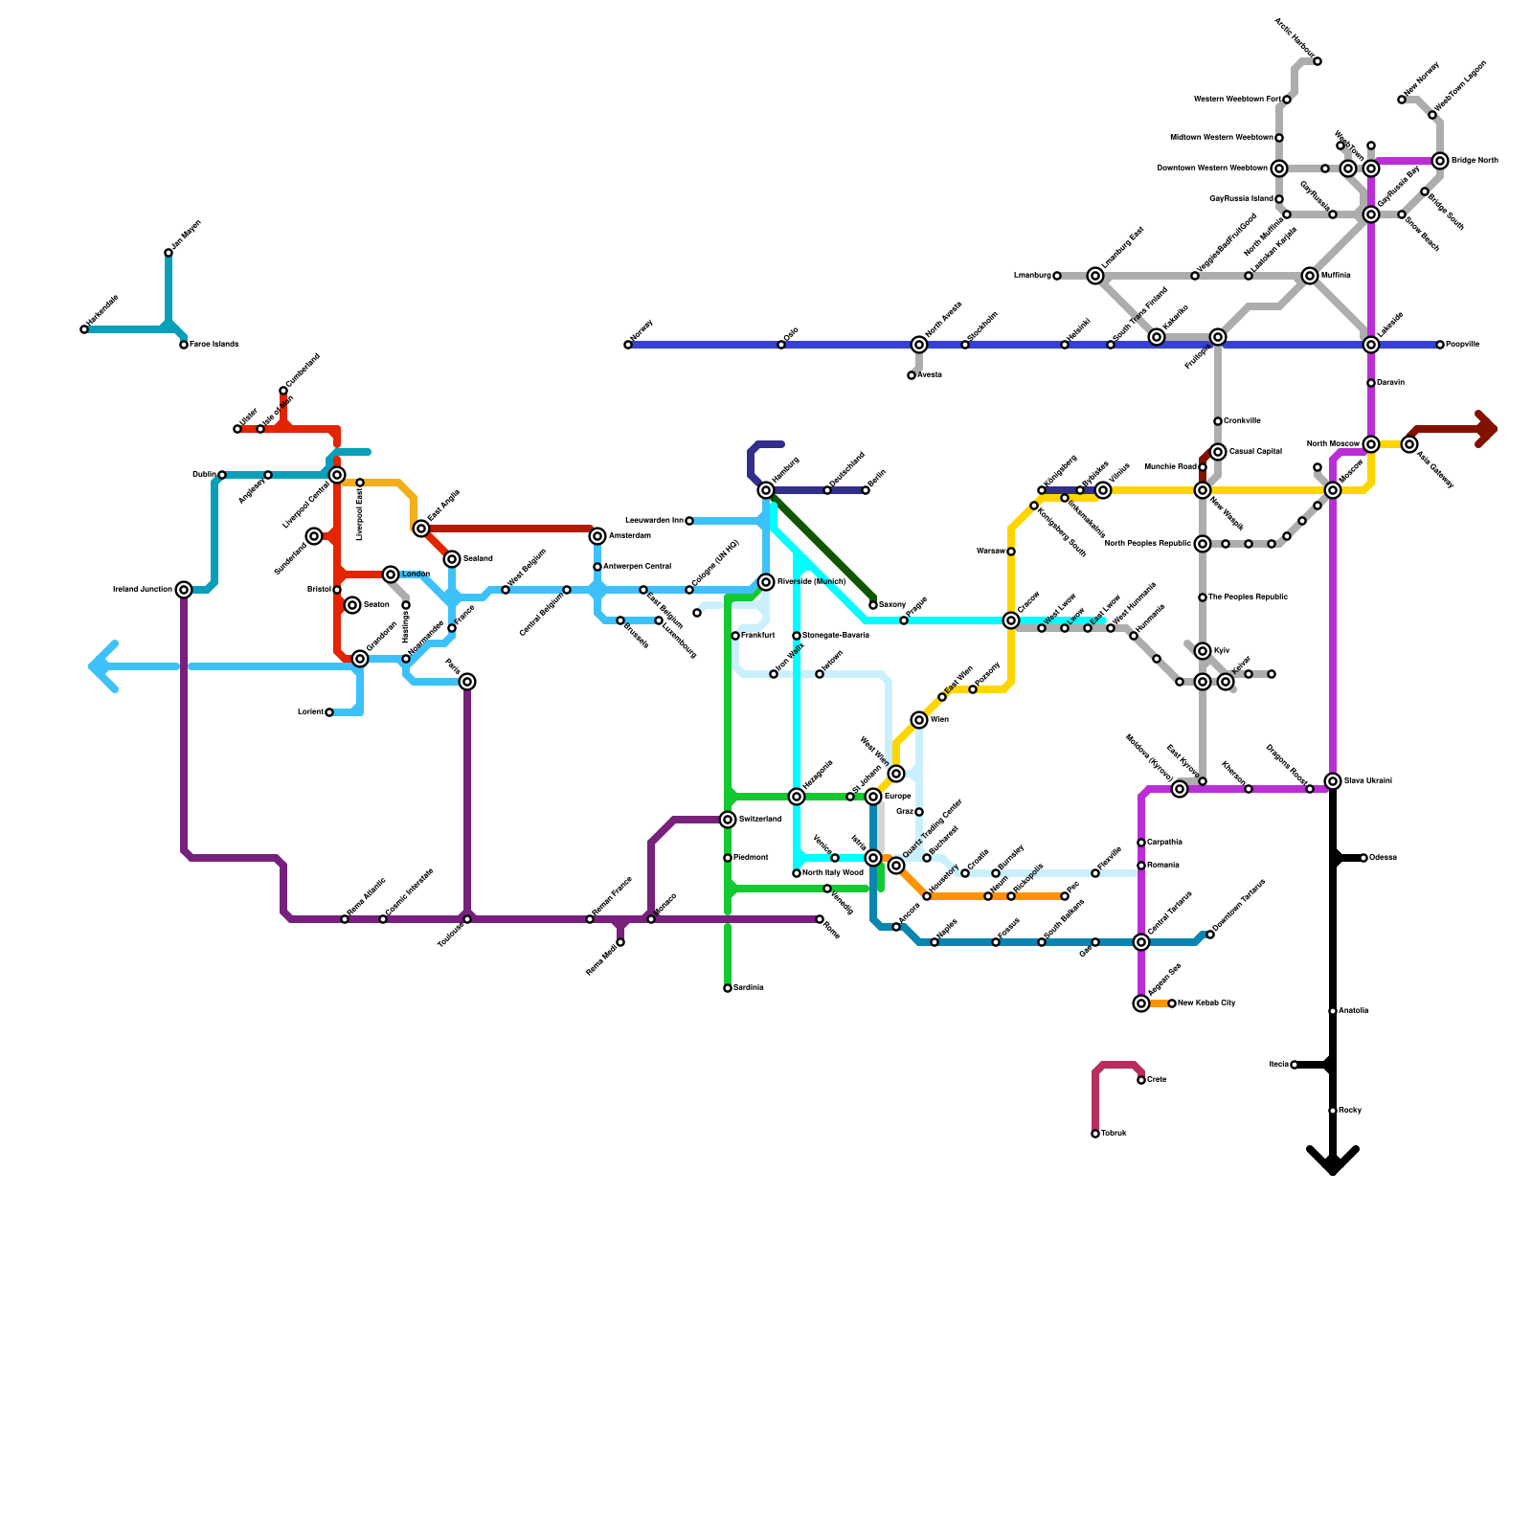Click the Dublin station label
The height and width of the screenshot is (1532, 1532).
[x=203, y=475]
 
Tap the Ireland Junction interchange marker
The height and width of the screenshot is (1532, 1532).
[x=184, y=590]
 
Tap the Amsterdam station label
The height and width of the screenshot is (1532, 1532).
[x=629, y=536]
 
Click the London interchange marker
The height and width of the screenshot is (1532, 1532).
[x=391, y=574]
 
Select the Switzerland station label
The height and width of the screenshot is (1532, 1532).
[x=760, y=820]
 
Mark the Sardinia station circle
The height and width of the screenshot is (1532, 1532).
[x=728, y=988]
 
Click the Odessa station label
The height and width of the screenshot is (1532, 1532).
[x=1383, y=858]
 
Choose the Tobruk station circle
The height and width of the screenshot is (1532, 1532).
[x=1095, y=1134]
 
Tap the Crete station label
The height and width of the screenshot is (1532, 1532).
[x=1157, y=1080]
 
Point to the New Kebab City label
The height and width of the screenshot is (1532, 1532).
[x=1206, y=1003]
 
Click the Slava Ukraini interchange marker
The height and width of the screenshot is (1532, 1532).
[x=1333, y=781]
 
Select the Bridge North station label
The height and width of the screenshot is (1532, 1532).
[x=1475, y=161]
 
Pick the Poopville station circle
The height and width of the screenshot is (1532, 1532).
[x=1440, y=345]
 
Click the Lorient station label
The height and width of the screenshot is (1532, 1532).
[x=310, y=712]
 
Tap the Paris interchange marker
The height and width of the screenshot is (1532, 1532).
[x=467, y=682]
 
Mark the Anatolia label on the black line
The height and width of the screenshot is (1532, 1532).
[x=1353, y=1011]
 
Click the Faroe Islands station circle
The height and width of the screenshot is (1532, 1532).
[x=184, y=345]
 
